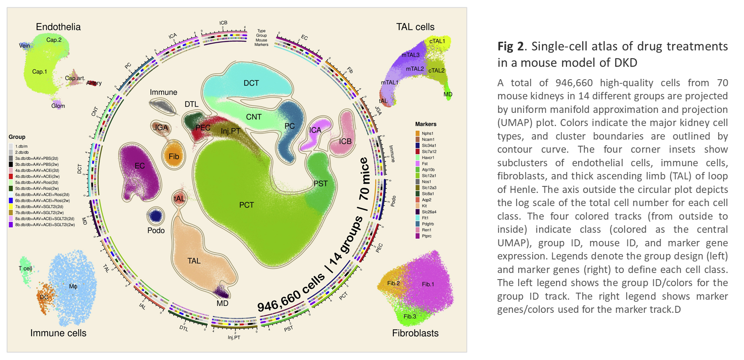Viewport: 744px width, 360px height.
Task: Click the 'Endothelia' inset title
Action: pyautogui.click(x=58, y=27)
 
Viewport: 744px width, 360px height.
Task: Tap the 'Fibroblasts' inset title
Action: pyautogui.click(x=415, y=333)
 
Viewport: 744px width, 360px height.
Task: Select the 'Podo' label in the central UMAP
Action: pyautogui.click(x=156, y=230)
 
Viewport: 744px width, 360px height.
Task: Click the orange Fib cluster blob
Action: pyautogui.click(x=174, y=156)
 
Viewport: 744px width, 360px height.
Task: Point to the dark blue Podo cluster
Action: pyautogui.click(x=156, y=216)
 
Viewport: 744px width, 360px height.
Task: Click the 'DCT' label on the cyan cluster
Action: pyautogui.click(x=251, y=83)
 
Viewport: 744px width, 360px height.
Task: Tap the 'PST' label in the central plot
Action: pyautogui.click(x=321, y=183)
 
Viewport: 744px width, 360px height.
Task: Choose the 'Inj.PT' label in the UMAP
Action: pyautogui.click(x=230, y=131)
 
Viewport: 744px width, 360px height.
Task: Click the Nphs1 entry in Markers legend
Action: pyautogui.click(x=427, y=133)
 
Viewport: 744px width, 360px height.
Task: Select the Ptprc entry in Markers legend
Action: pyautogui.click(x=427, y=236)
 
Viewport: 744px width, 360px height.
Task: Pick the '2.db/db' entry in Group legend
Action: pyautogui.click(x=22, y=152)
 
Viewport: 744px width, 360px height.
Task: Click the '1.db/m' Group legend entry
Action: pyautogui.click(x=21, y=146)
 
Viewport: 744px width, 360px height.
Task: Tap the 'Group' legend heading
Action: pyautogui.click(x=17, y=137)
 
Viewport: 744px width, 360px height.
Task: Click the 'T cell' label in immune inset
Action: pyautogui.click(x=25, y=268)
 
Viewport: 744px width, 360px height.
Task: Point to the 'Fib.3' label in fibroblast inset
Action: pyautogui.click(x=410, y=316)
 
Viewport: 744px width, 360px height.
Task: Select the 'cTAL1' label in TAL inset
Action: pyautogui.click(x=437, y=41)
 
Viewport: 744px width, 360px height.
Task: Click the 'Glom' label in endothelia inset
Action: pyautogui.click(x=58, y=106)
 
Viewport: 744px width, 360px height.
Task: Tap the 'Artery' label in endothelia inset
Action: pyautogui.click(x=94, y=83)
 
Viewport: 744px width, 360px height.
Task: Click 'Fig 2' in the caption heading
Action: pyautogui.click(x=510, y=46)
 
